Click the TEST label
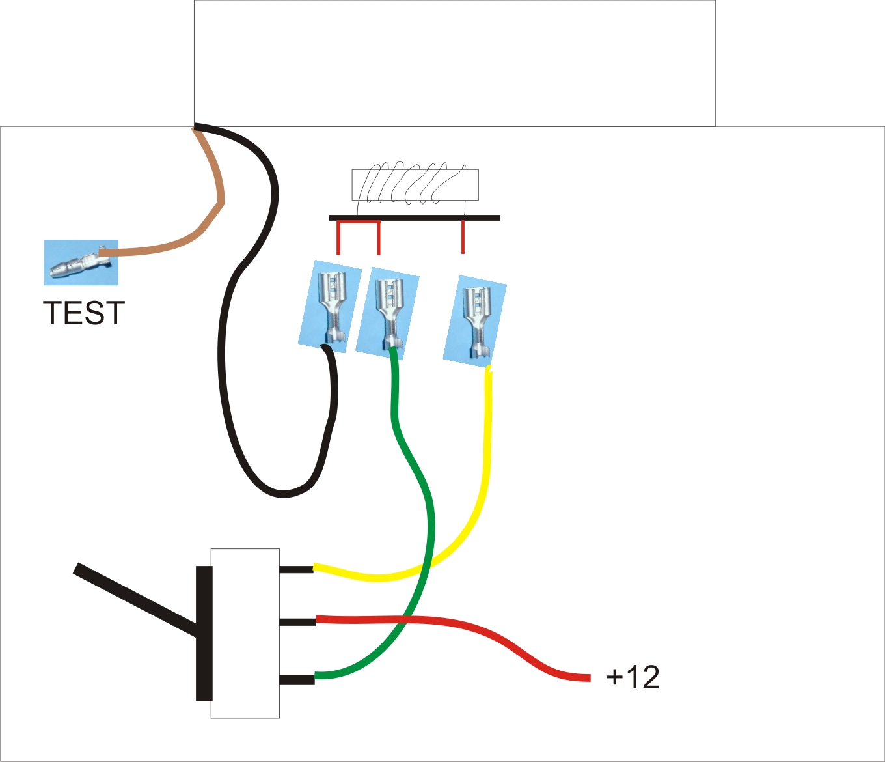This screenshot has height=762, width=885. [x=83, y=313]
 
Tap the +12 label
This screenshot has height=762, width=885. [x=633, y=677]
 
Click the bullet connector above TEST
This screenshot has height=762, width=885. [x=81, y=262]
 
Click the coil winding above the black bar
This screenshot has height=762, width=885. [x=415, y=184]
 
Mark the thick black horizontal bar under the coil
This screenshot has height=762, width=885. [x=415, y=218]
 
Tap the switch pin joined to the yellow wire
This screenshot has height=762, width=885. [x=296, y=569]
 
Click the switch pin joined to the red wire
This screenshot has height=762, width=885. [x=297, y=621]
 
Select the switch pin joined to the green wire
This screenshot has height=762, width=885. [x=297, y=679]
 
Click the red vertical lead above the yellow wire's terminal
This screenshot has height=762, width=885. [x=463, y=237]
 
